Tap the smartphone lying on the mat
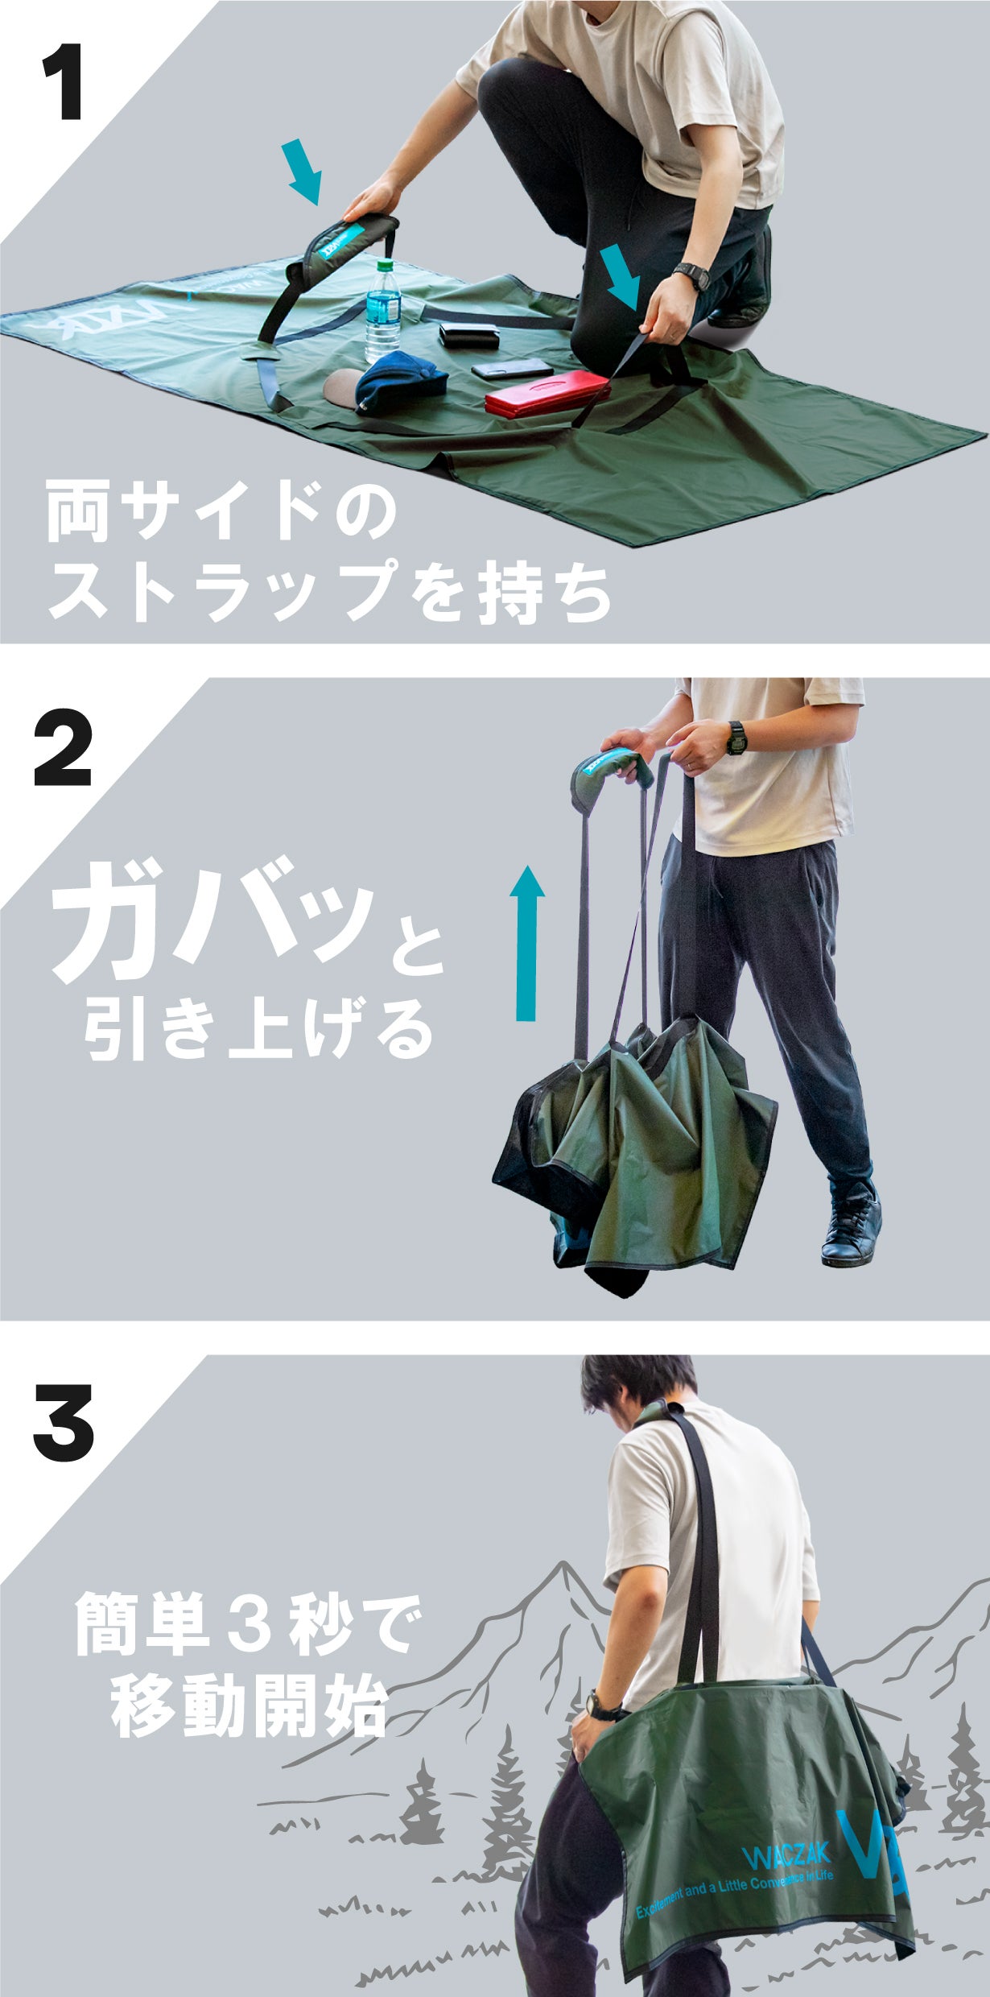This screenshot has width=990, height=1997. click(512, 369)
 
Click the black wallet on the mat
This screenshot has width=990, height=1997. click(469, 335)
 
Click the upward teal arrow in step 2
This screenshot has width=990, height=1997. click(526, 942)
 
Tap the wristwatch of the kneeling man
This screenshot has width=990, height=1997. click(691, 275)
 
